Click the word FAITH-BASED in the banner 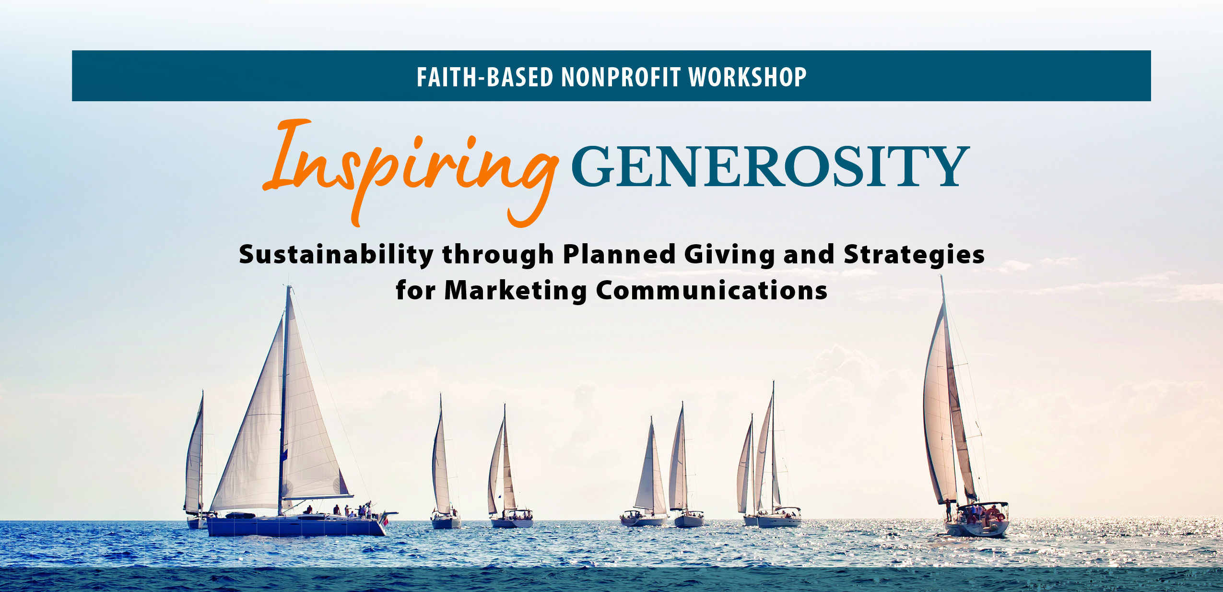click(x=485, y=77)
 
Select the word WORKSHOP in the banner click(x=747, y=77)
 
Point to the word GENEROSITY click(x=770, y=166)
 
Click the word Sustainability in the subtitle click(x=336, y=254)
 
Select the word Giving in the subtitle click(x=729, y=255)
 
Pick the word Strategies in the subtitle click(x=914, y=255)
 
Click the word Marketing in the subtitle click(x=516, y=291)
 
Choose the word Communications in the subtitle click(x=712, y=290)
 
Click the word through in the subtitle click(x=498, y=255)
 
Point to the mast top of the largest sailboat click(x=289, y=286)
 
